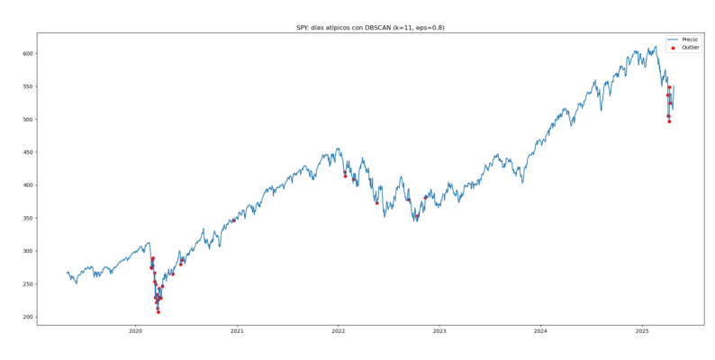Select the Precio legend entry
click(689, 40)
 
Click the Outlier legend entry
click(690, 48)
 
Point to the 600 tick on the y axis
click(28, 54)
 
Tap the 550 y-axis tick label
click(28, 86)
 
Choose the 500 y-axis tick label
click(28, 120)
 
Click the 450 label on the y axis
click(28, 152)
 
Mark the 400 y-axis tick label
click(28, 185)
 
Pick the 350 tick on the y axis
click(28, 218)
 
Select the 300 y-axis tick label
click(28, 251)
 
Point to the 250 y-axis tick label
click(28, 283)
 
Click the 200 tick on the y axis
click(28, 317)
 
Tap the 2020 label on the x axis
click(135, 331)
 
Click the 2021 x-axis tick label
click(237, 331)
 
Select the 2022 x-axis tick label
click(338, 331)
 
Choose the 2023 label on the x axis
click(439, 331)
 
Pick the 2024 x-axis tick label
click(540, 331)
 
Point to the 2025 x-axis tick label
click(642, 331)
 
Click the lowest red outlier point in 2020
click(158, 311)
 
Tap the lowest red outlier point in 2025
click(669, 121)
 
